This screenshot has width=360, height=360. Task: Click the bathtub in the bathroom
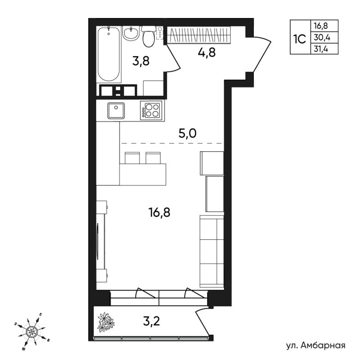(108, 54)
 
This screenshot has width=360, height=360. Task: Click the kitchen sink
(116, 111)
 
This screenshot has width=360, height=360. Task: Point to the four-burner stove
(151, 110)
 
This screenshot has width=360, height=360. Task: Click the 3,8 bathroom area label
(141, 61)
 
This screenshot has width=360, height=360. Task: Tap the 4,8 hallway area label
(207, 53)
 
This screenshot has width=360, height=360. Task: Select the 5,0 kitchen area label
(187, 134)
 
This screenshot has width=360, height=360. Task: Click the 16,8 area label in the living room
(159, 212)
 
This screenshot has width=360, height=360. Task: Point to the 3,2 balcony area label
(151, 321)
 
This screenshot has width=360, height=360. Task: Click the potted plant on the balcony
(106, 322)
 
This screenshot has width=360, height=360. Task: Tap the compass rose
(31, 331)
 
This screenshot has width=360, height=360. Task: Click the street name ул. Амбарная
(316, 345)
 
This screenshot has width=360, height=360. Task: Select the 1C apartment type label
(300, 39)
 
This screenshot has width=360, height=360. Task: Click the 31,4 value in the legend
(321, 49)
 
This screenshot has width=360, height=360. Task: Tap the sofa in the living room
(211, 252)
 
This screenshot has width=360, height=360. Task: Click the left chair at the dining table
(132, 158)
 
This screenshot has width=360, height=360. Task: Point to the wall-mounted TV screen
(98, 242)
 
